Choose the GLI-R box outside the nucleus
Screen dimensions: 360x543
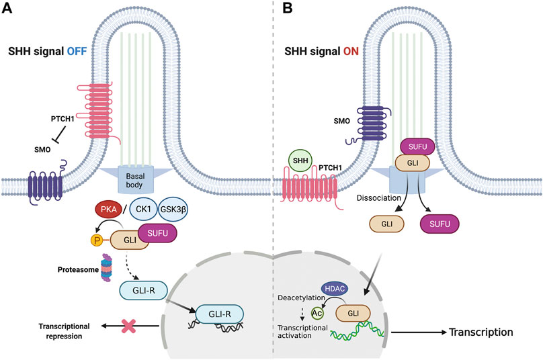point(142,289)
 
